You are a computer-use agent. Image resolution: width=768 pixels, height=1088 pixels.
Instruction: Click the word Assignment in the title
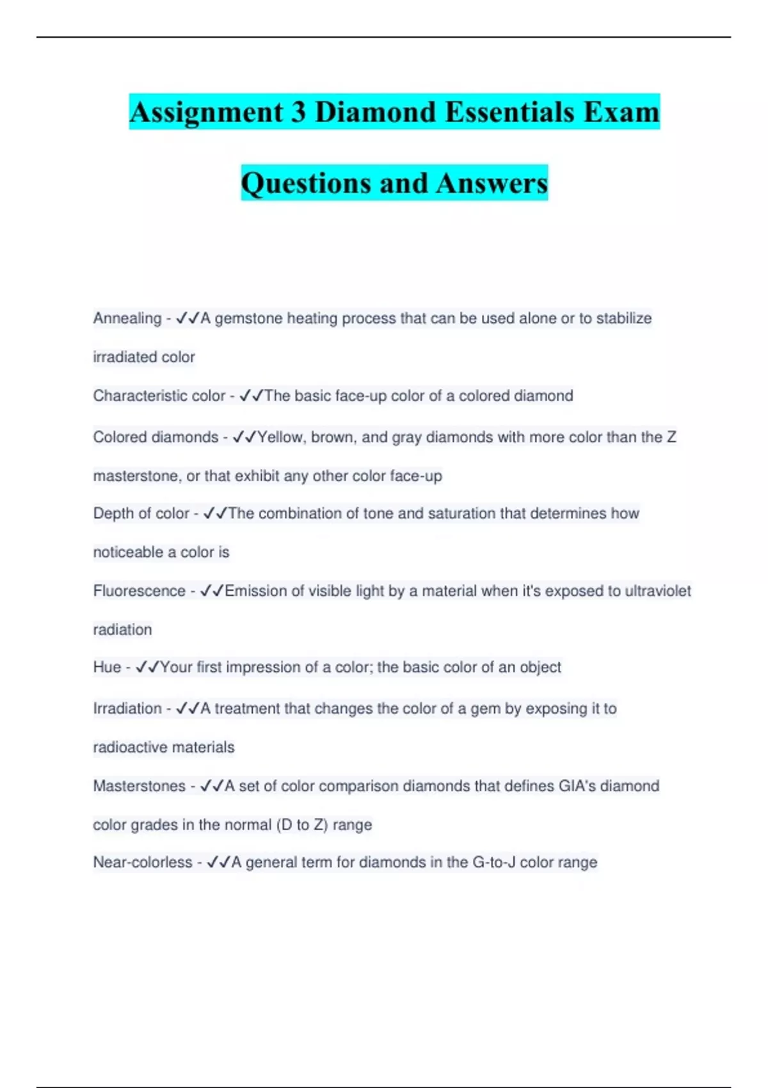[206, 113]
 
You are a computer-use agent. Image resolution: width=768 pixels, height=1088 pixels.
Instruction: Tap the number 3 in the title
[298, 113]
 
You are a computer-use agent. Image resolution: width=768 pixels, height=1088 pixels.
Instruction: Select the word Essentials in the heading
[509, 113]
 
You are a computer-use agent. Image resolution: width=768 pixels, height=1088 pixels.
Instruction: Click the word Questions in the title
[305, 184]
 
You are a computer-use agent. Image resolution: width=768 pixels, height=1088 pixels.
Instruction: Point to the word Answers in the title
[492, 184]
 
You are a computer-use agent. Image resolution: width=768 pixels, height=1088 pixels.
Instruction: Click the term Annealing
[127, 318]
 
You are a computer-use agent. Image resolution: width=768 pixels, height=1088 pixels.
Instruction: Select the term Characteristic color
[159, 396]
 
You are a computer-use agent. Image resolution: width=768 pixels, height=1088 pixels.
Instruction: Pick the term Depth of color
[141, 513]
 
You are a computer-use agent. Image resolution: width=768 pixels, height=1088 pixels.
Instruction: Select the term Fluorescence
[139, 591]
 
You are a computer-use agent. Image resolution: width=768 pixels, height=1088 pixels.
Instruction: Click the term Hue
[107, 667]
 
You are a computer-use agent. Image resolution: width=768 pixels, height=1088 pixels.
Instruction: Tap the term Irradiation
[127, 708]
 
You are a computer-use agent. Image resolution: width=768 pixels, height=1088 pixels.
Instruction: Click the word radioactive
[132, 748]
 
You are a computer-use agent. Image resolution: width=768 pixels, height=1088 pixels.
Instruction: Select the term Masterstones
[139, 786]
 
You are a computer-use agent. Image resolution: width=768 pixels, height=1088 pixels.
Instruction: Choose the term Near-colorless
[143, 863]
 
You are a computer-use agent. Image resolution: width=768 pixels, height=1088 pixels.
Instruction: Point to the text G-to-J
[493, 863]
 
